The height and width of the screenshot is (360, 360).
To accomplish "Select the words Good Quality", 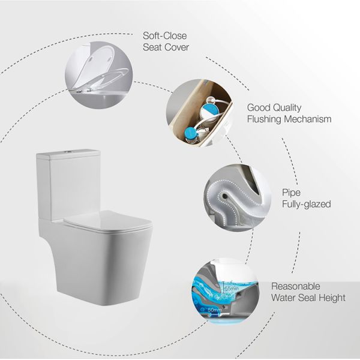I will point(275,108).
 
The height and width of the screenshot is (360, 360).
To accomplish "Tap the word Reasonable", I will point(296,286).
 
